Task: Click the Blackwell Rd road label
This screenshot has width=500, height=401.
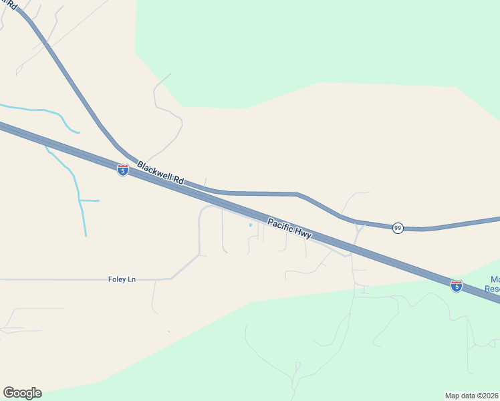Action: pos(160,172)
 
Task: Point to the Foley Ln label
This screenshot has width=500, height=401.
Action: pos(122,279)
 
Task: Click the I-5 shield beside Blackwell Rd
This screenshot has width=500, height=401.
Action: pos(123,170)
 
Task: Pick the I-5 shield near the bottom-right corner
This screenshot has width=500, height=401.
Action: pos(457,286)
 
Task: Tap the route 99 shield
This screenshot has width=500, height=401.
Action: pos(398,228)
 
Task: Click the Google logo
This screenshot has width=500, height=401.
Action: pos(22,393)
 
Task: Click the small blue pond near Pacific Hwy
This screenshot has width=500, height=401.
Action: pos(251,225)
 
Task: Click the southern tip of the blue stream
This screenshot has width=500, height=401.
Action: pos(86,235)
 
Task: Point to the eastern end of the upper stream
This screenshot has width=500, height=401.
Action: pos(78,132)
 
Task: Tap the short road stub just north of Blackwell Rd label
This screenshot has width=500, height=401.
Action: pos(205,182)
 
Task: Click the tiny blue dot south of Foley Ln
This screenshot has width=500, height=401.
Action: pos(168,331)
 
